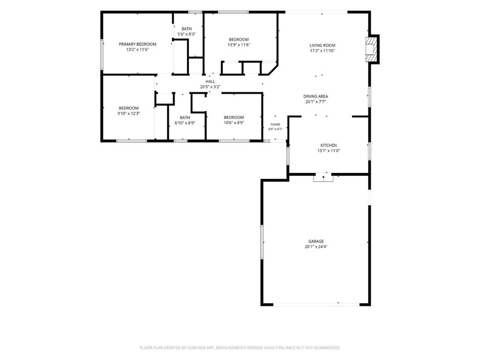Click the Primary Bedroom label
coord(137,44)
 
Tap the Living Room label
coord(322,45)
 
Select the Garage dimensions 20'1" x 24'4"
coord(316,247)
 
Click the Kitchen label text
coord(329,145)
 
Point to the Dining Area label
coord(315,97)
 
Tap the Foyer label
coord(276,125)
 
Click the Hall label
coord(210,82)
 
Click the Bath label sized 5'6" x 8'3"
coord(187,29)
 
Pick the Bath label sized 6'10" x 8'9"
coord(185,118)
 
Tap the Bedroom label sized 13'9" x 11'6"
coord(239,39)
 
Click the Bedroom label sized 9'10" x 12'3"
coord(128,108)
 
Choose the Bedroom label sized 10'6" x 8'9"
coord(234,117)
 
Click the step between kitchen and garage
coord(323,178)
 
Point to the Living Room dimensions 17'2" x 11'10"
coord(322,51)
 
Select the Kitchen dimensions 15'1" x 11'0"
coord(329,150)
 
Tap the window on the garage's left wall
coord(262,242)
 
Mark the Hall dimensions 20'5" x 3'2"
coord(210,87)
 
